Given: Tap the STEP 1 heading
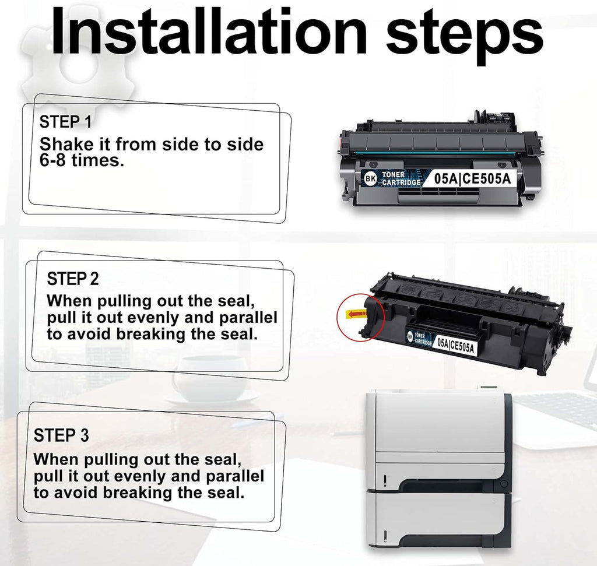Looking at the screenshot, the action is tap(65, 122).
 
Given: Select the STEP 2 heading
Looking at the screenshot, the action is tap(73, 279).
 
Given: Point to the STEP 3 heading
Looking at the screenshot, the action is tap(61, 435).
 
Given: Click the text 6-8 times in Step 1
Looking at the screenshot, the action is tap(82, 160).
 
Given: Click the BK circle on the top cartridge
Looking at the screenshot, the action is tap(370, 178).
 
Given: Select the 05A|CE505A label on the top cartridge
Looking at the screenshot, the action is tap(472, 178).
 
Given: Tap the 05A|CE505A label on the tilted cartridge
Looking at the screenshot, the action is tap(456, 344).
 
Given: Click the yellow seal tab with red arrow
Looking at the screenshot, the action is tap(356, 314).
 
